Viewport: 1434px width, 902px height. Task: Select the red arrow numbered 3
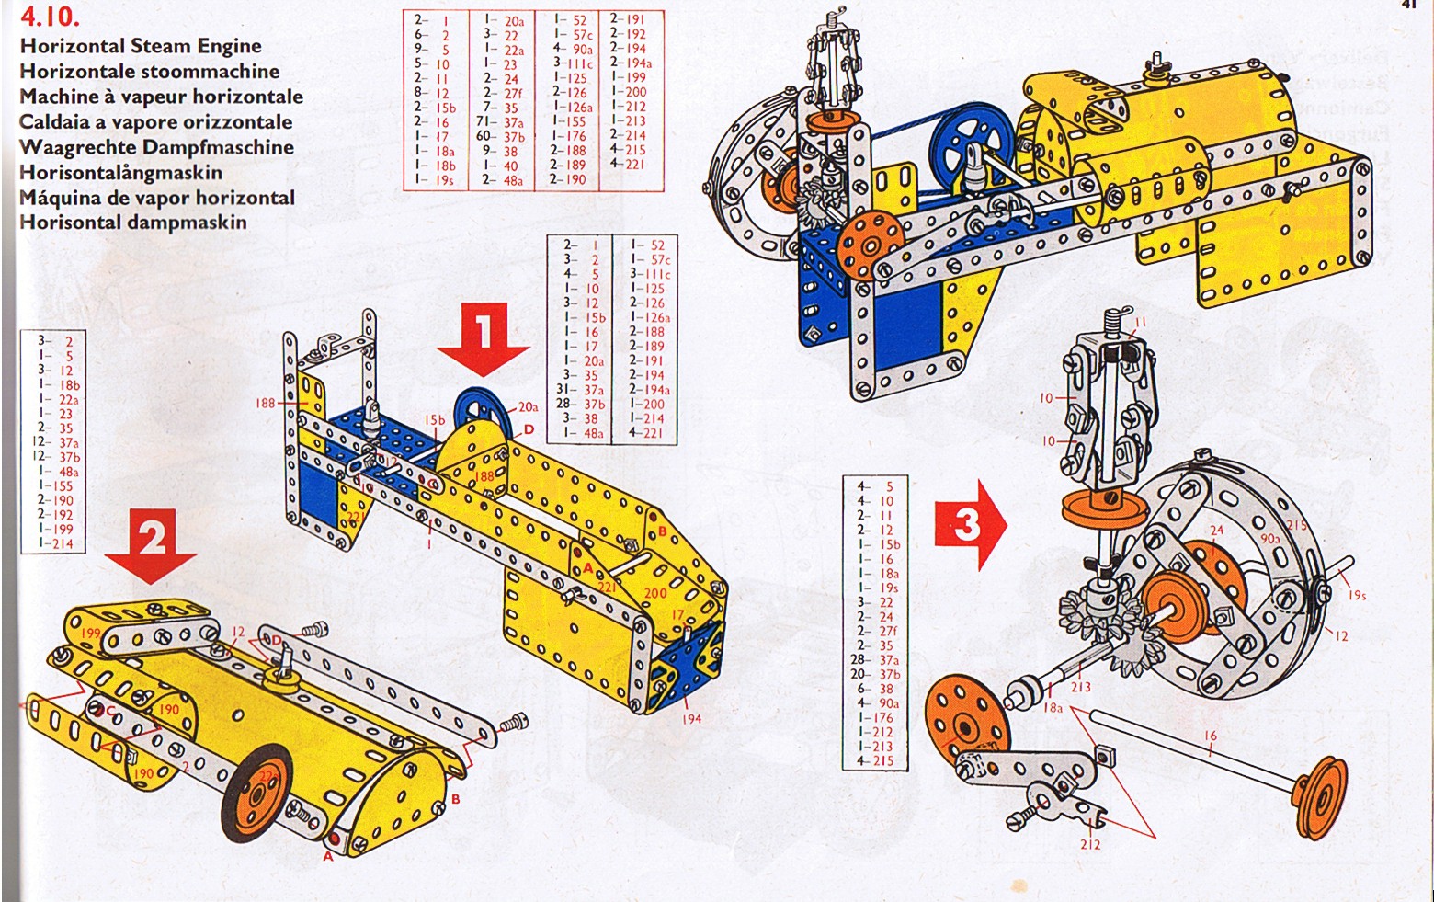pos(970,525)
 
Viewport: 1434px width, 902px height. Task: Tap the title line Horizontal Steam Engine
pos(141,46)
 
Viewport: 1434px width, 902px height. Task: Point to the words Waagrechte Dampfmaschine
pos(156,147)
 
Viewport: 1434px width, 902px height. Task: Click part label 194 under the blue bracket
pos(691,718)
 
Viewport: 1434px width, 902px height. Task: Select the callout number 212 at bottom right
pos(1090,844)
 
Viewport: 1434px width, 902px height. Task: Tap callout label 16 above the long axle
pos(1210,736)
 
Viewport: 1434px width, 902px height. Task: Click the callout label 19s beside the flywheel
pos(1357,595)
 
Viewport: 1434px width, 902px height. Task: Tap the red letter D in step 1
pos(529,430)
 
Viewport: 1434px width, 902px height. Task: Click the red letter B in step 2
pos(456,800)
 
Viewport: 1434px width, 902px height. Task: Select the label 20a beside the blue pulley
pos(528,406)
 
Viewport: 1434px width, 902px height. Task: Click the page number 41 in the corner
pos(1408,5)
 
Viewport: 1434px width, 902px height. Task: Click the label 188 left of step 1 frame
pos(266,403)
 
